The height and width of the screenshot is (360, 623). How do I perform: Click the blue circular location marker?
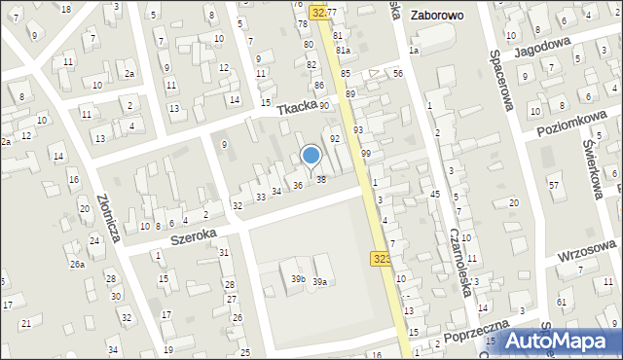click(x=311, y=155)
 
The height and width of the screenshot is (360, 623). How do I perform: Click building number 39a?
click(x=317, y=281)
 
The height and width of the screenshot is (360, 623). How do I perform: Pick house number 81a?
click(x=343, y=51)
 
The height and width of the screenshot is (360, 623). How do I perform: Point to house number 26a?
click(x=77, y=264)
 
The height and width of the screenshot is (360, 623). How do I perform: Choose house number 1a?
click(x=413, y=51)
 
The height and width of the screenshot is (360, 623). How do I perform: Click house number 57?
click(x=554, y=185)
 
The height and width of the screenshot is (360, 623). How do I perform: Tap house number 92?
click(x=334, y=139)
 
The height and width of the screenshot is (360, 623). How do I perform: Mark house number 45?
click(x=435, y=196)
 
